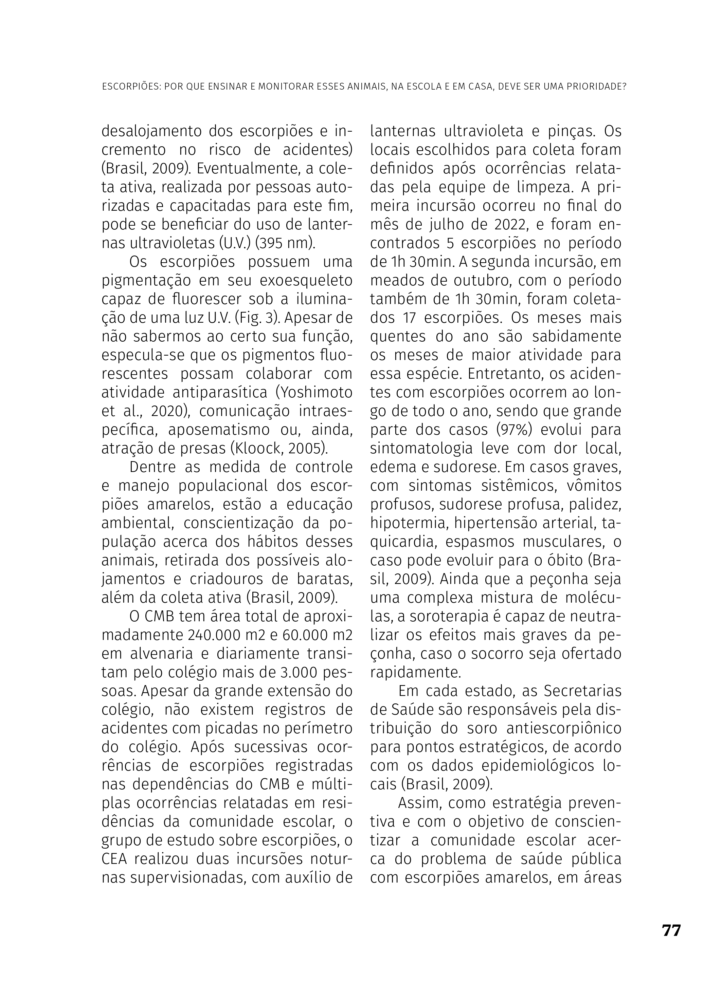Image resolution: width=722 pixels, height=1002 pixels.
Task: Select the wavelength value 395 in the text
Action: (271, 243)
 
